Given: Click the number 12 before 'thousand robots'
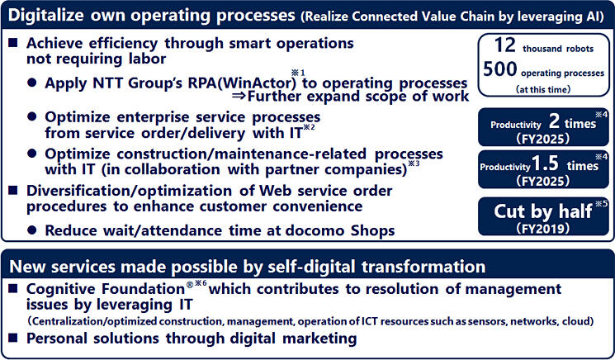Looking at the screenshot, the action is click(x=504, y=45).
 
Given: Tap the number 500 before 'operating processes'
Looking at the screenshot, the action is click(x=500, y=69).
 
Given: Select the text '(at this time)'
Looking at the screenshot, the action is click(x=543, y=89).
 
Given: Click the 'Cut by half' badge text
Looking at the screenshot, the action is click(x=543, y=211).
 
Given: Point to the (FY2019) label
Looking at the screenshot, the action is click(x=543, y=228).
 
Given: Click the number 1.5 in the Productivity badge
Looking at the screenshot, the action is click(x=545, y=163).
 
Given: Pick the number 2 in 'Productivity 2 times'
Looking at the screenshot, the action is click(x=554, y=121).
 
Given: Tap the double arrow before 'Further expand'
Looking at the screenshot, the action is click(x=239, y=96).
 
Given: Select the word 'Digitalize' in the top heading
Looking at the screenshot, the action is click(x=46, y=16).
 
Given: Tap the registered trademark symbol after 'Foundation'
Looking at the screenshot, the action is click(x=190, y=285).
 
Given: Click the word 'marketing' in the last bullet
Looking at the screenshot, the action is click(x=319, y=339).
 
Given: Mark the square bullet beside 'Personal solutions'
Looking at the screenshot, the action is click(x=13, y=337).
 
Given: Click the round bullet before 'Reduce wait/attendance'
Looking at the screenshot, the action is click(x=32, y=230).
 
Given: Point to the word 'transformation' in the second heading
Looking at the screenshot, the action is click(x=423, y=267).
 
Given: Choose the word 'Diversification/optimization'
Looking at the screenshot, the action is click(x=129, y=191).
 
